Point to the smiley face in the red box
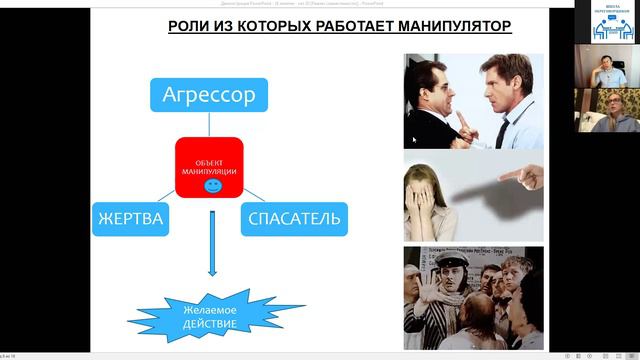[212, 186]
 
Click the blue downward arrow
[212, 254]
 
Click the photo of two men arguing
[473, 101]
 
